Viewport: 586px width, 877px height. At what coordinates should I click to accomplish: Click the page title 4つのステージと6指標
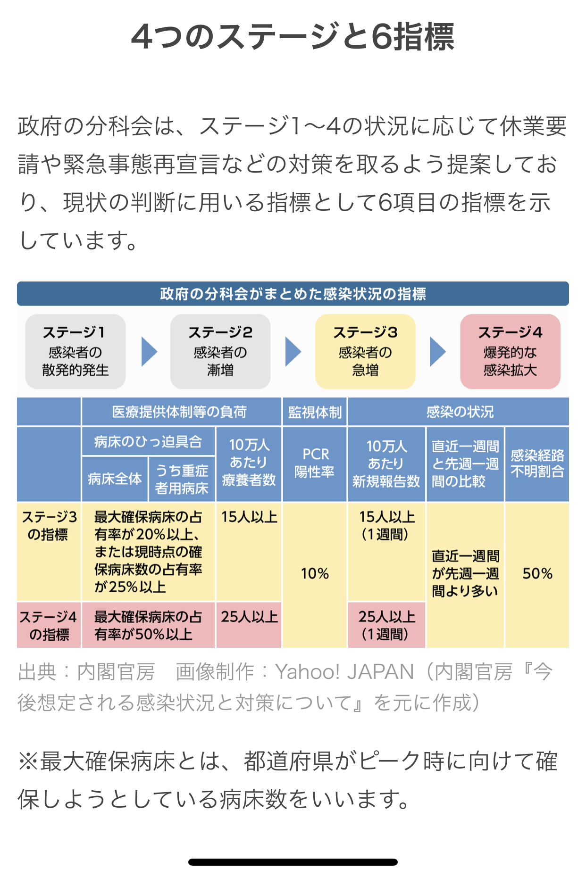293,37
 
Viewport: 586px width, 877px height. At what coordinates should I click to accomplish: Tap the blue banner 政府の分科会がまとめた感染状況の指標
293,294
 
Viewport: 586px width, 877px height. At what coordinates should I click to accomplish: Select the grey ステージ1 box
75,351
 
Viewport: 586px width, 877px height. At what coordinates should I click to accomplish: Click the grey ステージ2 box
220,351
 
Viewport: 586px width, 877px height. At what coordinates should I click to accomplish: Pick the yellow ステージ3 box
365,351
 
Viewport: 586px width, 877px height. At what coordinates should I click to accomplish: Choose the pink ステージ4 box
510,351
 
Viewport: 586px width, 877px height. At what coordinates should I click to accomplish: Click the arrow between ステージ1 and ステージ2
149,352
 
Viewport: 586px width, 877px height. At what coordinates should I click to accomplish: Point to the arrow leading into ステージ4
437,352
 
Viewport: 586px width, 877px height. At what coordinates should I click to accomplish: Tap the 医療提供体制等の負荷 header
180,412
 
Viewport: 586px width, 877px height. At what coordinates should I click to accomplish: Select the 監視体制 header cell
315,412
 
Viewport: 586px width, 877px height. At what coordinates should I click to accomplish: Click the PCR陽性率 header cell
315,463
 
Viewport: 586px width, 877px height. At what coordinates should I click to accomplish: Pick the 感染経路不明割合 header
537,463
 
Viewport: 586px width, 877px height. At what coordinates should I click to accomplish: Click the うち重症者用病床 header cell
182,479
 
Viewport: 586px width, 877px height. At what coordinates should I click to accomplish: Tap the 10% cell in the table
315,574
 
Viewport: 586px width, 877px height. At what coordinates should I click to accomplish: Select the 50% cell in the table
537,574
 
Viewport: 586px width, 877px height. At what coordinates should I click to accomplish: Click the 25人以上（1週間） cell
387,625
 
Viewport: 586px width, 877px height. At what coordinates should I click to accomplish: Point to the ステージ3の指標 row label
49,526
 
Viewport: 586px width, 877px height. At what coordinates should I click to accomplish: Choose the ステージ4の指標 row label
49,625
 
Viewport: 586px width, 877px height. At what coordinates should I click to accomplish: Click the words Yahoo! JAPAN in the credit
344,672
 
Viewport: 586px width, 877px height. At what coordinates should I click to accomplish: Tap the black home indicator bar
293,862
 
